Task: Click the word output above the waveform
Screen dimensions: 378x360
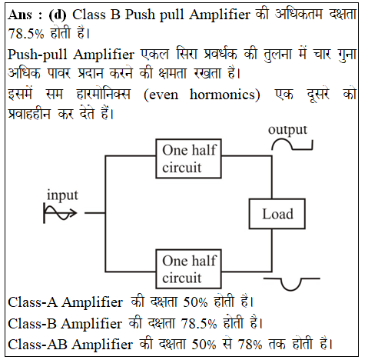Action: click(x=287, y=130)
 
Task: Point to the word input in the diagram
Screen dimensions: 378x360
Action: click(x=62, y=195)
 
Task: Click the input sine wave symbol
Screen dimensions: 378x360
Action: click(x=60, y=213)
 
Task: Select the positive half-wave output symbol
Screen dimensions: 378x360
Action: click(x=292, y=145)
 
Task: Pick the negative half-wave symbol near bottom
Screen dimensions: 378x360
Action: click(x=291, y=284)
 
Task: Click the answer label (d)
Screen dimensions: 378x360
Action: click(x=58, y=15)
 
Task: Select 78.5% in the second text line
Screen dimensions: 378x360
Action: click(x=26, y=34)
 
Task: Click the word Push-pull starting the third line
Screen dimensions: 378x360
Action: click(x=38, y=55)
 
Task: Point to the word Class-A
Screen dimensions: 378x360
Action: click(x=33, y=302)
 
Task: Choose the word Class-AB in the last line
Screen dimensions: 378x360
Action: click(x=38, y=344)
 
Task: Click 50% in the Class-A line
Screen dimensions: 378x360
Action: click(x=195, y=302)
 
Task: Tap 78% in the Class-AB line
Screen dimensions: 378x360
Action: click(x=250, y=344)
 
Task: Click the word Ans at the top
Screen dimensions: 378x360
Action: click(x=20, y=15)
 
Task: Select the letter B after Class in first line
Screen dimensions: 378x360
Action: click(x=116, y=15)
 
